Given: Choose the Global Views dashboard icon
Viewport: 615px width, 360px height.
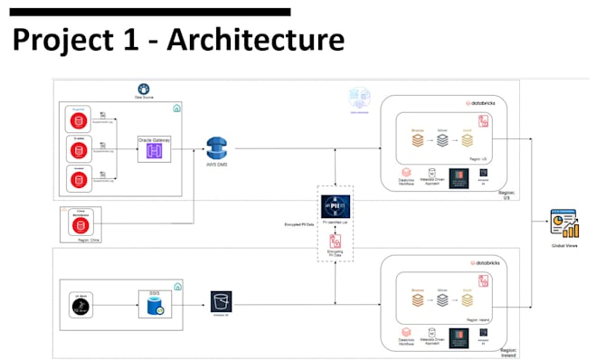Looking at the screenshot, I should click(565, 224).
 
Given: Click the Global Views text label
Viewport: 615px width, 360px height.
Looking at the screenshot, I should click(565, 244).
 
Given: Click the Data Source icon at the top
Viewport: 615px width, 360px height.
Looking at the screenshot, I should click(142, 89).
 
